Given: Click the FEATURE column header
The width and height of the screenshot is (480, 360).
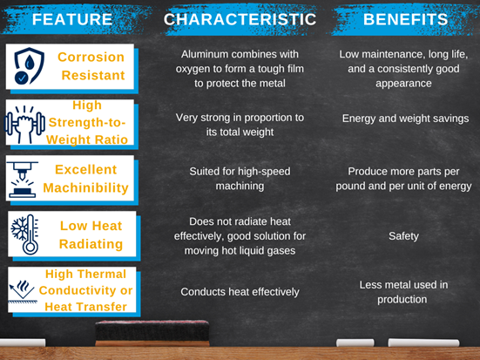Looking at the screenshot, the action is [x=72, y=19].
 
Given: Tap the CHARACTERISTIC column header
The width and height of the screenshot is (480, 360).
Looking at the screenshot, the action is [x=240, y=19].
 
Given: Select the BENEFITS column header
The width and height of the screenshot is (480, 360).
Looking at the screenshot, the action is [x=406, y=19].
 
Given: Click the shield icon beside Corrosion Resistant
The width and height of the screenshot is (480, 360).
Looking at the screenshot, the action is [x=29, y=66].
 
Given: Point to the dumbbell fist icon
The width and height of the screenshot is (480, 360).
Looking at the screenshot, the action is [x=24, y=124].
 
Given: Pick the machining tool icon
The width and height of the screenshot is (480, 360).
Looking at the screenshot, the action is [x=22, y=180].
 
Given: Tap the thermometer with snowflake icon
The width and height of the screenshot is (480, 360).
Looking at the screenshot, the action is [x=25, y=234].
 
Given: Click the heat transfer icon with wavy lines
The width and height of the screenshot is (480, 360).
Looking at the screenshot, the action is [x=23, y=291].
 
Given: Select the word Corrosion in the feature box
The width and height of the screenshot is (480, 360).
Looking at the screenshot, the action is [x=91, y=57].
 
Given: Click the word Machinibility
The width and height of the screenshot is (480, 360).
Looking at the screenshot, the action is [x=85, y=187].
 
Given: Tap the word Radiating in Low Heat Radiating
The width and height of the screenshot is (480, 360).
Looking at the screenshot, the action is [x=91, y=244].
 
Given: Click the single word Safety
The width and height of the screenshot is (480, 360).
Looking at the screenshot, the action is [x=403, y=236].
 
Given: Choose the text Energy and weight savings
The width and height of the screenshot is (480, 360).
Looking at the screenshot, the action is [x=405, y=119].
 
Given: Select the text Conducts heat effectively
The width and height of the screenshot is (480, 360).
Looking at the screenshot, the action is [x=240, y=292].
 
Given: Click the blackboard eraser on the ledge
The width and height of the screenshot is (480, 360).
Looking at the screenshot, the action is [x=152, y=333].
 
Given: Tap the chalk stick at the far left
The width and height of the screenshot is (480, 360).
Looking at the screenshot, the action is [x=22, y=343].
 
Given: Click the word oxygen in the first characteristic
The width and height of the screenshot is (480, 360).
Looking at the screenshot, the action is [x=193, y=69].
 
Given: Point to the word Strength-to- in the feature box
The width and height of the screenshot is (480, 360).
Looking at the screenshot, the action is [x=87, y=122].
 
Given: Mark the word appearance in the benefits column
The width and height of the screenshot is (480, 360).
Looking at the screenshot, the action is [x=403, y=84].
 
